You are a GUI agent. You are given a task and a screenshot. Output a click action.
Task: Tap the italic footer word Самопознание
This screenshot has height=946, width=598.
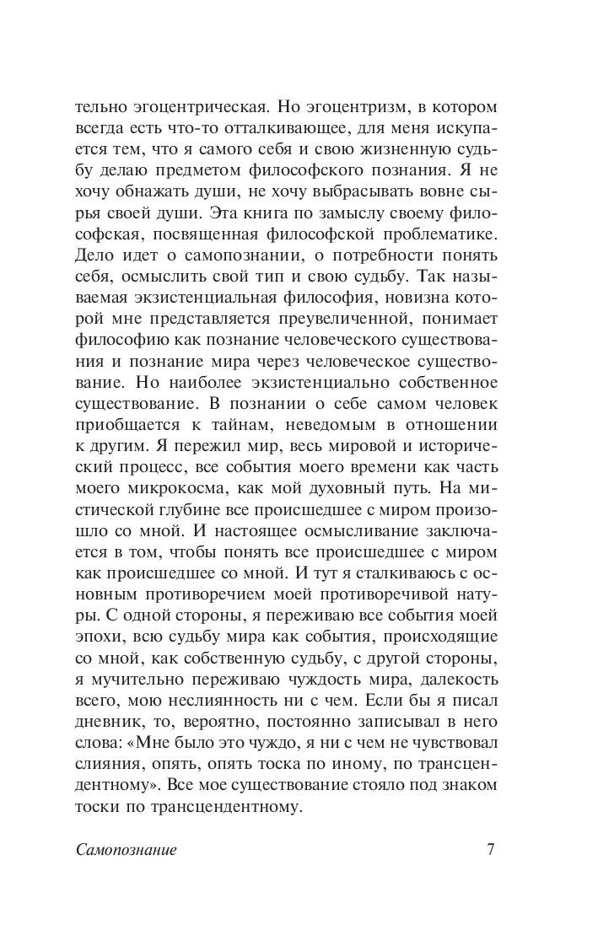coord(124,850)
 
